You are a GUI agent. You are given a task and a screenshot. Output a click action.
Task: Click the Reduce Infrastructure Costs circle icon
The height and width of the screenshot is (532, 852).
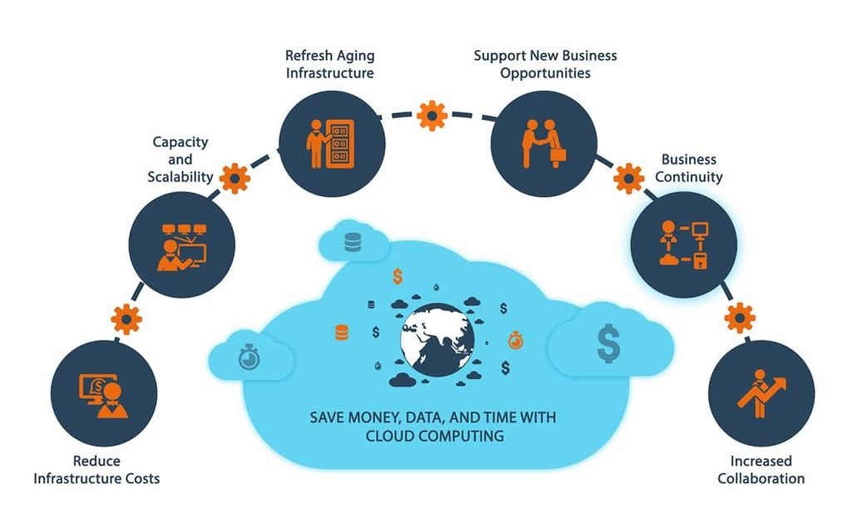pyautogui.click(x=104, y=393)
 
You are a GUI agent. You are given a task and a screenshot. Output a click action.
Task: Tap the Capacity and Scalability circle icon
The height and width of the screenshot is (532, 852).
pyautogui.click(x=182, y=244)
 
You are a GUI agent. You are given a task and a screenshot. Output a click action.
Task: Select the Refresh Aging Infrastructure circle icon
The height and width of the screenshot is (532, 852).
pyautogui.click(x=332, y=144)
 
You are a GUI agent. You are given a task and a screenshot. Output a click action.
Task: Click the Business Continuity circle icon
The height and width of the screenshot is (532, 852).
pyautogui.click(x=684, y=244)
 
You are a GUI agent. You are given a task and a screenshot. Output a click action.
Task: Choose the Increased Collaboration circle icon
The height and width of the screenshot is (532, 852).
pyautogui.click(x=761, y=393)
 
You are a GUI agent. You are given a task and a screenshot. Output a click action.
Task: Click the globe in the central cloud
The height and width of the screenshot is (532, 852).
pyautogui.click(x=438, y=340)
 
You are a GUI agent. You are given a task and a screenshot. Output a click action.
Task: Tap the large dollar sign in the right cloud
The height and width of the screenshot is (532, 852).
pyautogui.click(x=608, y=343)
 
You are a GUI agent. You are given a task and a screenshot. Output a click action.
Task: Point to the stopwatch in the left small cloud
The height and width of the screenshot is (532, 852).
pyautogui.click(x=249, y=357)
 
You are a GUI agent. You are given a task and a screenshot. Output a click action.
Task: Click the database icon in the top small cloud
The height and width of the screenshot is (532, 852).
pyautogui.click(x=353, y=243)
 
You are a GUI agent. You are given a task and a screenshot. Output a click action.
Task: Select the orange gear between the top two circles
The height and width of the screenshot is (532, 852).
pyautogui.click(x=432, y=116)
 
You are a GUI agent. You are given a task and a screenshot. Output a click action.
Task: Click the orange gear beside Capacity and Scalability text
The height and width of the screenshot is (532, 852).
pyautogui.click(x=235, y=178)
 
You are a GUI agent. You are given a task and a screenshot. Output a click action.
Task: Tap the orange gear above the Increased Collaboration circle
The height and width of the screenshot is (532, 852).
pyautogui.click(x=740, y=318)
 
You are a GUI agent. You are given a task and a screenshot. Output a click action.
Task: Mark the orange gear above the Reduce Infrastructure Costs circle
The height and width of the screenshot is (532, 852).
pyautogui.click(x=126, y=319)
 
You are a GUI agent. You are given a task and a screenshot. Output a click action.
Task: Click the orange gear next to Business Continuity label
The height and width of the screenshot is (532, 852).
pyautogui.click(x=629, y=178)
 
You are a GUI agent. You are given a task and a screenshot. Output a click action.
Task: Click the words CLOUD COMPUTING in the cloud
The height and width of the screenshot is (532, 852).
pyautogui.click(x=434, y=436)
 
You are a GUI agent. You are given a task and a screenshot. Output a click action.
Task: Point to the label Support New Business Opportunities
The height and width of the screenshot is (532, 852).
pyautogui.click(x=545, y=64)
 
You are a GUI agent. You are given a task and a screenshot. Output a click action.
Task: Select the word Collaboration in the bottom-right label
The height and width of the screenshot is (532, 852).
pyautogui.click(x=761, y=478)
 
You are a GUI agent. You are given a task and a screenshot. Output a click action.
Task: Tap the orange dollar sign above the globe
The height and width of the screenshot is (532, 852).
pyautogui.click(x=398, y=276)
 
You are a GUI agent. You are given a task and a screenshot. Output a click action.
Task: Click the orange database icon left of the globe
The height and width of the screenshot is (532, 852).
pyautogui.click(x=342, y=332)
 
